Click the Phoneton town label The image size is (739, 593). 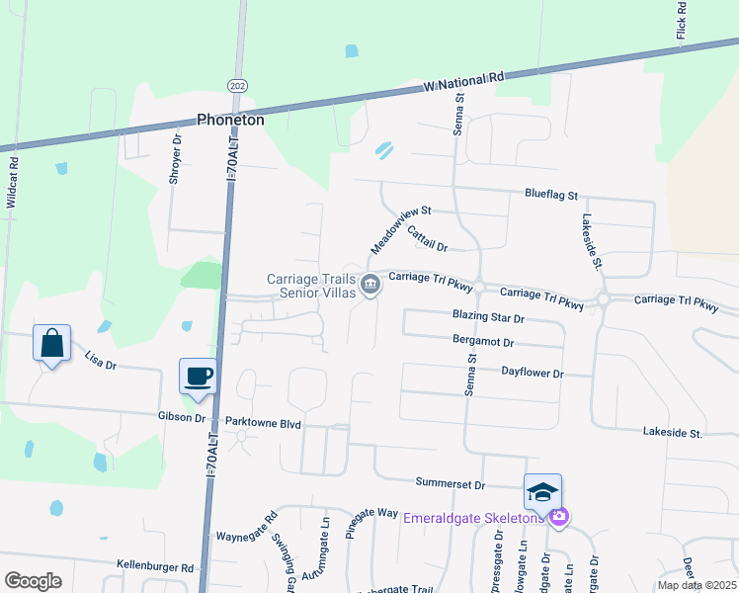[230, 119]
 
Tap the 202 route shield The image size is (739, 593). [236, 86]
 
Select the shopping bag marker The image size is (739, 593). [51, 344]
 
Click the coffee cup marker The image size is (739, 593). [199, 376]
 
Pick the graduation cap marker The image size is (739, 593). [542, 491]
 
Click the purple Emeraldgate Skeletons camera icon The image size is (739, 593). [559, 517]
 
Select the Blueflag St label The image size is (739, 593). [550, 197]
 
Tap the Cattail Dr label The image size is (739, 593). [427, 238]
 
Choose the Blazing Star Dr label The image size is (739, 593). [488, 318]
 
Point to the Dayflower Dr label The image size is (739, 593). [532, 374]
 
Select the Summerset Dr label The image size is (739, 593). [452, 485]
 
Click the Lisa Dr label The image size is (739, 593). [101, 362]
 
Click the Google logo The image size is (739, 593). [33, 580]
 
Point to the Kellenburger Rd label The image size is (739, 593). [155, 567]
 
